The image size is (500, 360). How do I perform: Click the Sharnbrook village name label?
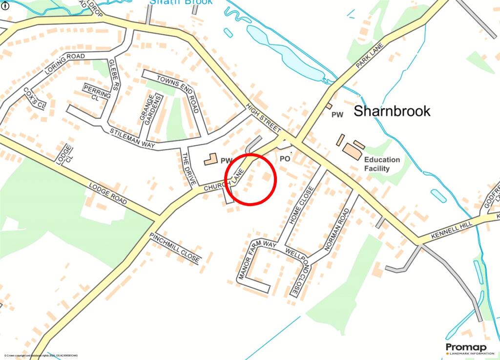coord(392,111)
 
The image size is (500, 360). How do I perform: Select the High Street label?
coord(264,119)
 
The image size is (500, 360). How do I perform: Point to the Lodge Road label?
coord(108,194)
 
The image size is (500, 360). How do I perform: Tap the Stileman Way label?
coord(132,139)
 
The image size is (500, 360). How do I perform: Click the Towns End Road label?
coord(178,93)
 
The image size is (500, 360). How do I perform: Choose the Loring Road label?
coord(65,64)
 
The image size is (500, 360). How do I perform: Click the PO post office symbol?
coord(285,159)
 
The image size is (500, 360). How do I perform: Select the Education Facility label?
coord(382,164)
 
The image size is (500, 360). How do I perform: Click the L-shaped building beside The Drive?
coord(210,160)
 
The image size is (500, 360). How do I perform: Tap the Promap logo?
coord(466,348)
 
